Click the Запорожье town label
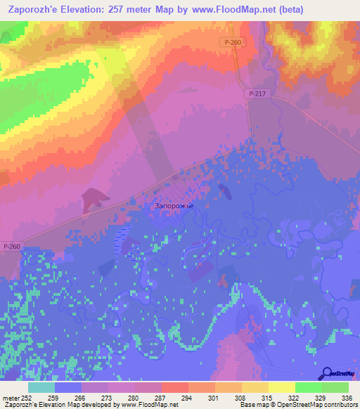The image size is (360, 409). click(173, 206)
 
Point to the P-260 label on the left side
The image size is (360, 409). click(12, 246)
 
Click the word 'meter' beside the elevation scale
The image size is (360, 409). click(10, 398)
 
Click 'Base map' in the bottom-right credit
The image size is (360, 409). click(250, 405)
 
